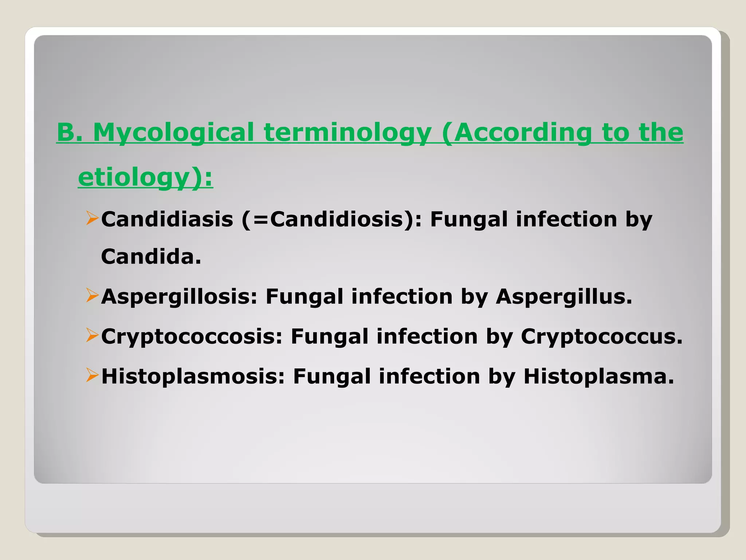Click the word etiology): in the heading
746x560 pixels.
(x=145, y=178)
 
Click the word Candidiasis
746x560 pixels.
(x=167, y=219)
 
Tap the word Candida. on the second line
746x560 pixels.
(x=151, y=257)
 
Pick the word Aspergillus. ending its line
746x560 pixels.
(x=564, y=296)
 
